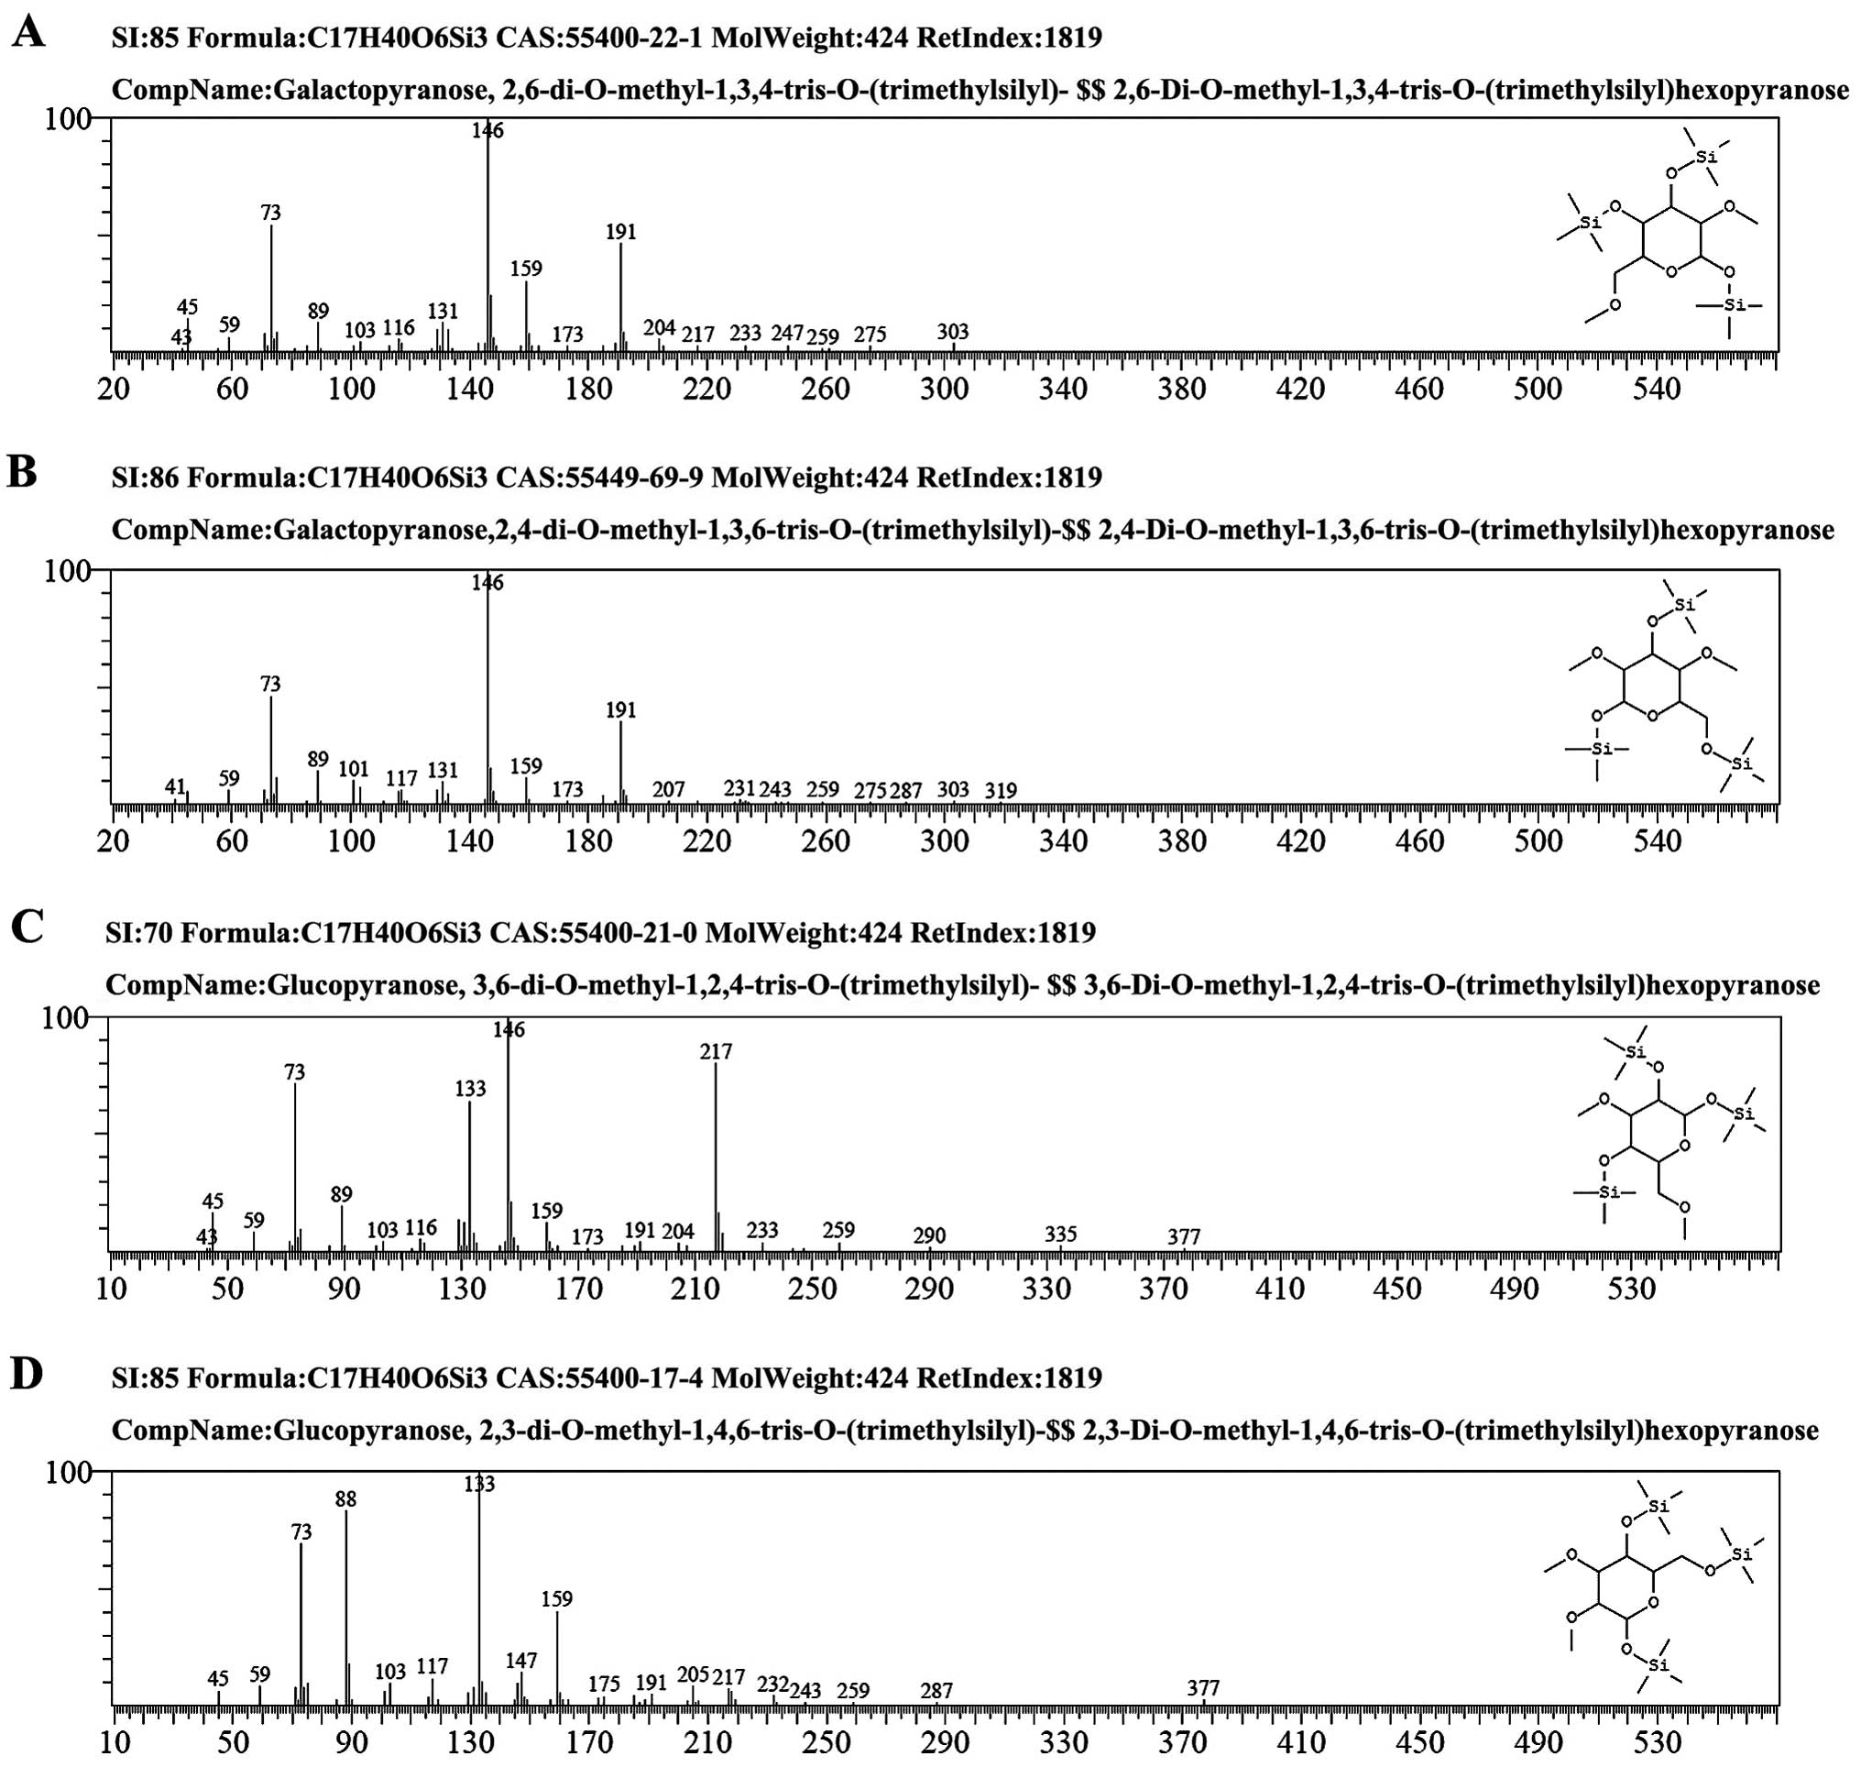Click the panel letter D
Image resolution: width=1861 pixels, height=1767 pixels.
click(27, 1374)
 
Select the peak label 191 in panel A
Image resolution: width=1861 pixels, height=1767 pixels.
click(620, 231)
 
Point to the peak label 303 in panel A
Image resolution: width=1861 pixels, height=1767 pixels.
click(953, 331)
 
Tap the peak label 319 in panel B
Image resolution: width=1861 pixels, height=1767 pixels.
click(1001, 789)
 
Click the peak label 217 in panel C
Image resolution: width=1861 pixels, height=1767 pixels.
click(716, 1050)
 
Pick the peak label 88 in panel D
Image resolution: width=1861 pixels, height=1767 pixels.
click(345, 1498)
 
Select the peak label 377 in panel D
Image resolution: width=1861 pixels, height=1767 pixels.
click(1203, 1688)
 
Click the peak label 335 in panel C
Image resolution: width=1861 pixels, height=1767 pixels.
click(1060, 1234)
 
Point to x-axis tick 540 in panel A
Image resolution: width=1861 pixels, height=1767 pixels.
click(1657, 388)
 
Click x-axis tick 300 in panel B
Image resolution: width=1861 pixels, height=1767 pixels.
click(944, 840)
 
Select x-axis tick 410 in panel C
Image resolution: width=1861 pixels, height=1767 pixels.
click(1281, 1288)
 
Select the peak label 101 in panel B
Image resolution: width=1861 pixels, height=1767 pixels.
click(353, 769)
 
